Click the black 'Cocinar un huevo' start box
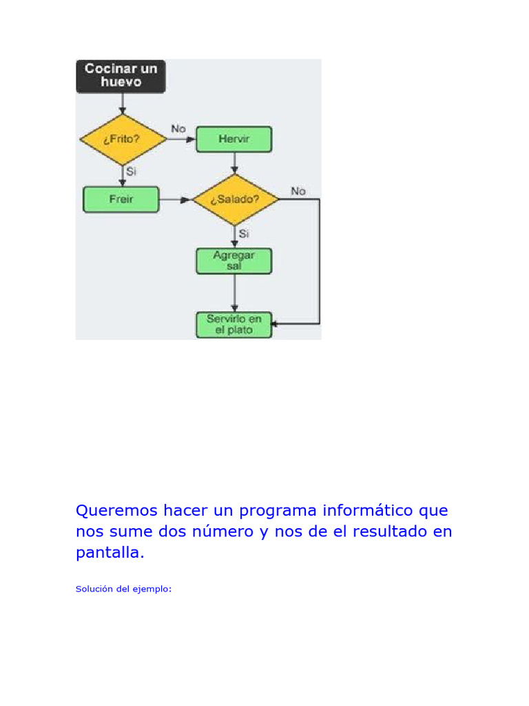click(121, 75)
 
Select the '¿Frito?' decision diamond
click(123, 139)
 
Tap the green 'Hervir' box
click(234, 139)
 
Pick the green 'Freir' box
click(121, 199)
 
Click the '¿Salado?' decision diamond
click(236, 199)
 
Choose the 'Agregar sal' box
click(234, 261)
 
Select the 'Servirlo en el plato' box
click(234, 325)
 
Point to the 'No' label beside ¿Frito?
click(178, 129)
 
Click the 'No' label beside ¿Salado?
click(298, 191)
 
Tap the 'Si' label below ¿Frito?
click(131, 172)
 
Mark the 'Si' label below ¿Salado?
click(244, 234)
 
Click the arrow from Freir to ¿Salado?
click(176, 200)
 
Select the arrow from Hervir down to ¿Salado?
click(235, 163)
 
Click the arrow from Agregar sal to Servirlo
click(235, 293)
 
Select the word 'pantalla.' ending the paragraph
click(110, 554)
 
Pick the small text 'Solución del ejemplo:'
click(123, 589)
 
